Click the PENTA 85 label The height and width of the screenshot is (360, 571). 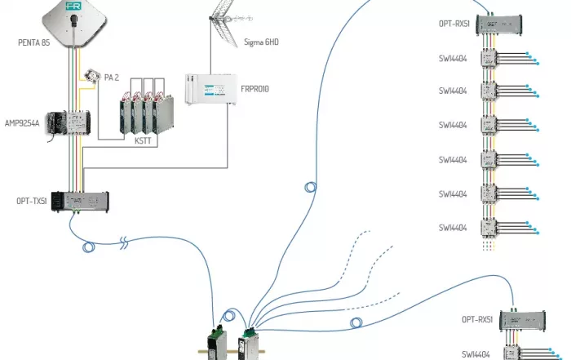tap(33, 42)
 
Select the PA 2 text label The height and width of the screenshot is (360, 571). tap(113, 78)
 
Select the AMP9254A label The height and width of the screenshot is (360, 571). tap(22, 123)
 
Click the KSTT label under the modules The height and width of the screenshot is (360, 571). tap(144, 140)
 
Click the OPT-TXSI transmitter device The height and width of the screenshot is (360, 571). tap(80, 201)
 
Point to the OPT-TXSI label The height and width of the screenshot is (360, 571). tap(31, 200)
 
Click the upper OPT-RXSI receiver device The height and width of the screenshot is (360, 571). tap(501, 24)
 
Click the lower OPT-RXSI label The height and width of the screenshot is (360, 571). tap(477, 320)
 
